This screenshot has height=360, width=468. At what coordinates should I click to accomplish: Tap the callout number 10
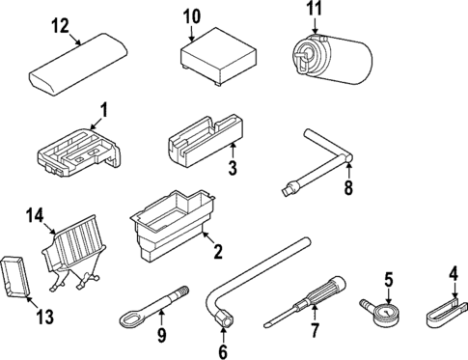[x=191, y=15]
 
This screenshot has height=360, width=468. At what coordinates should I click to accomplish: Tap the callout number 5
[x=389, y=280]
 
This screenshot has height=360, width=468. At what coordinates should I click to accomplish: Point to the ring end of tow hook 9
[x=130, y=313]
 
